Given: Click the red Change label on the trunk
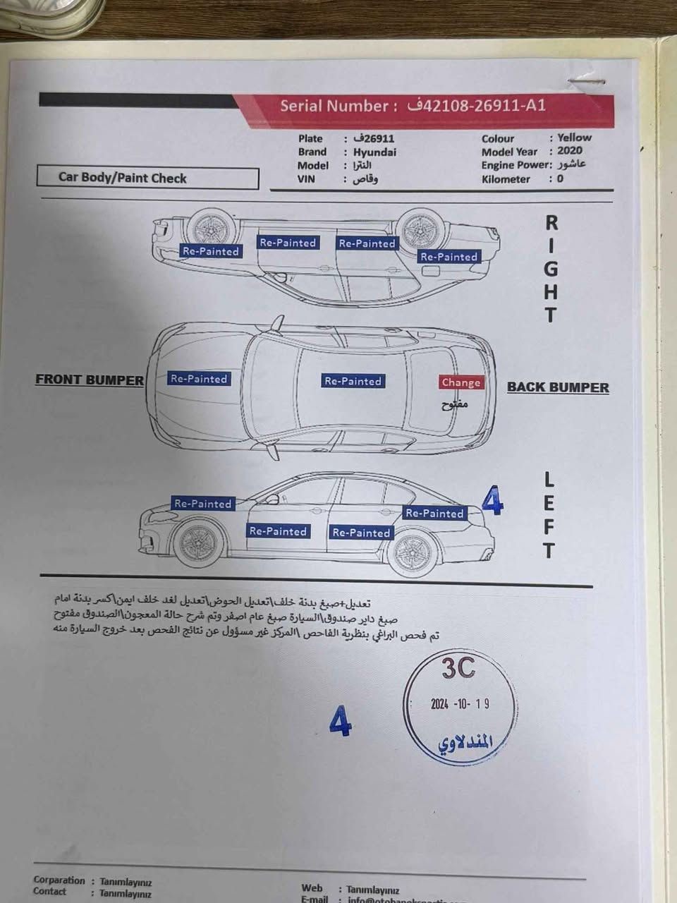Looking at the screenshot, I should click(x=461, y=382).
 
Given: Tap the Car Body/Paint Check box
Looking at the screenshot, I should click(x=147, y=178).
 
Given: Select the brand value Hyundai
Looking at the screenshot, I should click(x=374, y=152).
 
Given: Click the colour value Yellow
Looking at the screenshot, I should click(x=574, y=138).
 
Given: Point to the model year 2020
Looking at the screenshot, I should click(x=570, y=151).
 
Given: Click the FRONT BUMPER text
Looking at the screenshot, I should click(x=90, y=380).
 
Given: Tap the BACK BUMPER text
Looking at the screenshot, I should click(x=558, y=387).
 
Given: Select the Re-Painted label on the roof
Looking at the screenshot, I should click(x=353, y=381).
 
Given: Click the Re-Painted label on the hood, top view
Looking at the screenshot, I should click(x=199, y=379).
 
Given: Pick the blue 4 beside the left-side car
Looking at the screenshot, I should click(x=492, y=502).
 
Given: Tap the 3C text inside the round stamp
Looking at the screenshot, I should click(x=458, y=669).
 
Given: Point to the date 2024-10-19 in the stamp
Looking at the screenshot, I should click(x=460, y=703).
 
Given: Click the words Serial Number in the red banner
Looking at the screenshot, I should click(x=334, y=107).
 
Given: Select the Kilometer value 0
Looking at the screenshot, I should click(x=560, y=178).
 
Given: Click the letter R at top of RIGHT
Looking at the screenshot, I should click(x=551, y=223).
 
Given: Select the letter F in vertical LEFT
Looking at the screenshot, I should click(x=549, y=526).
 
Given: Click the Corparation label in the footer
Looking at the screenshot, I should click(x=59, y=880).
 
